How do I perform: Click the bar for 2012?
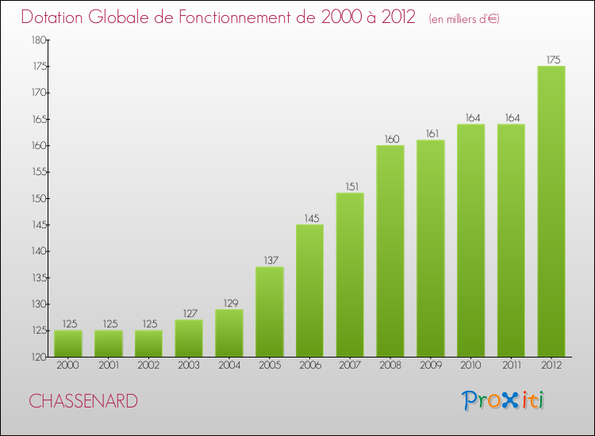tap(551, 212)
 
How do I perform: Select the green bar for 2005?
tap(270, 312)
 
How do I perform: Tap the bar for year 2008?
tap(390, 251)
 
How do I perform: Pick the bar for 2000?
tap(68, 343)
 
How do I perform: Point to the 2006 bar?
tap(309, 291)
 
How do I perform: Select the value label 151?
tap(350, 186)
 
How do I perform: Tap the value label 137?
tap(270, 260)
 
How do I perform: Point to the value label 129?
tap(229, 302)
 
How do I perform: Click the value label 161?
tap(431, 133)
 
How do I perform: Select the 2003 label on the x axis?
tap(189, 366)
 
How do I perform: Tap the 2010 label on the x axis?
tap(470, 366)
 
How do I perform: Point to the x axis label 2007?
tap(350, 366)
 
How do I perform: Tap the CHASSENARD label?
tap(83, 401)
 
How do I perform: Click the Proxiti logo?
tap(503, 400)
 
